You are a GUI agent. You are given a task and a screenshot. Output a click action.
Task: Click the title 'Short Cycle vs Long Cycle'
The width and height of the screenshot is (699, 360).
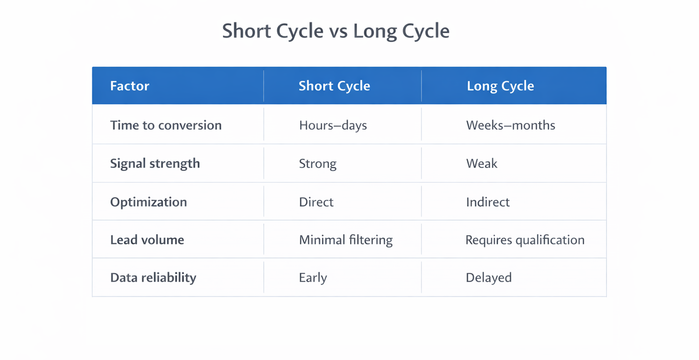tap(335, 31)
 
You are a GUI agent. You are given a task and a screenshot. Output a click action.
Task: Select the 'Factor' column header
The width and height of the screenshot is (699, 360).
tap(130, 86)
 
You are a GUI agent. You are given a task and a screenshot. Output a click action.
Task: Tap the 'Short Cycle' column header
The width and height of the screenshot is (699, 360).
tap(334, 86)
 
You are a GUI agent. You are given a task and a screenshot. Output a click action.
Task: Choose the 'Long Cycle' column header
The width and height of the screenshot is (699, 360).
tap(500, 86)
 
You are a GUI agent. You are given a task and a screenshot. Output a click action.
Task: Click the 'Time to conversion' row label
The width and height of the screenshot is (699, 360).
tap(166, 125)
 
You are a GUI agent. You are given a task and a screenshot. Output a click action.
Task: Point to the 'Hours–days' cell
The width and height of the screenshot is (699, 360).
tap(333, 125)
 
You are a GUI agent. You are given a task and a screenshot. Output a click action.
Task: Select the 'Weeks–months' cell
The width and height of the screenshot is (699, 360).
tap(510, 125)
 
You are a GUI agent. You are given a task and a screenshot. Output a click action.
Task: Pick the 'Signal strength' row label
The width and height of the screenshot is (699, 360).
tap(155, 163)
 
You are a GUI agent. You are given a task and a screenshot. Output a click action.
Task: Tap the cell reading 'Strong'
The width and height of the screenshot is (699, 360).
tap(318, 163)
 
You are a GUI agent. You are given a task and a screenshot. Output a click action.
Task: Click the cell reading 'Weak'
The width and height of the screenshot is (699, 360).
tap(481, 163)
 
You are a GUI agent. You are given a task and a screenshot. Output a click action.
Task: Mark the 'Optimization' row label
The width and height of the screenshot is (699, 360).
tap(148, 202)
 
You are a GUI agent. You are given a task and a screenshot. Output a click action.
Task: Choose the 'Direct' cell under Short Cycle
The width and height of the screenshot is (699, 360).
tap(316, 202)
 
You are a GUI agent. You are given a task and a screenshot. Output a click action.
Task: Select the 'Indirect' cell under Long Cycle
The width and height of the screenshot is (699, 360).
tap(487, 202)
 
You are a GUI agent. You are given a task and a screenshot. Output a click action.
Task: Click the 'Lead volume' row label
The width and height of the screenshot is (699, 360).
tap(147, 240)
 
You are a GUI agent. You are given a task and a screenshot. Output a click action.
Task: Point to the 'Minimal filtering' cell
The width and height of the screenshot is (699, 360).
tap(345, 240)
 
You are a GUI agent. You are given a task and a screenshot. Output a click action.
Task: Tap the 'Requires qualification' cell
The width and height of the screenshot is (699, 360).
tap(525, 240)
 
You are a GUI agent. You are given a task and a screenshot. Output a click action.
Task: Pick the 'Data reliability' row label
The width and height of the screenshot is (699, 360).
tap(153, 278)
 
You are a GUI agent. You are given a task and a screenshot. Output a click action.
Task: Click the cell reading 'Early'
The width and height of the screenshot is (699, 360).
tap(313, 278)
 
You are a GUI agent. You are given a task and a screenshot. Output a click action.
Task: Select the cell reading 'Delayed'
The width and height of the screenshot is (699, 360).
tap(488, 278)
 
